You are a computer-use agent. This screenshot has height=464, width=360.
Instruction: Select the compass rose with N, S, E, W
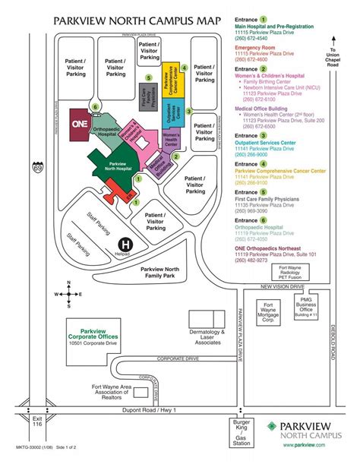click(x=68, y=294)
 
